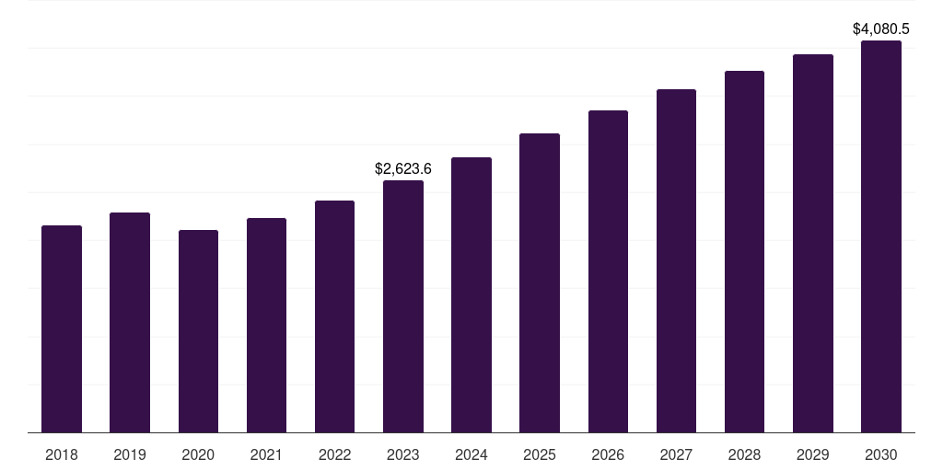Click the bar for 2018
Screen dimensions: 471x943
click(62, 328)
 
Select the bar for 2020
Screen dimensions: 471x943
click(198, 331)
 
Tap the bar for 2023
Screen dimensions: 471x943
click(403, 306)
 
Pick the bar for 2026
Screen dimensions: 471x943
click(608, 271)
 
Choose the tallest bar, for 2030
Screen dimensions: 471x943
click(881, 236)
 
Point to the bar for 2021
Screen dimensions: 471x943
click(266, 325)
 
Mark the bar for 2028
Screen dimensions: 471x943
click(744, 251)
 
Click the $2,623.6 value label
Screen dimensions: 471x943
click(403, 168)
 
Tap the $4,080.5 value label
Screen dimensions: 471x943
click(881, 29)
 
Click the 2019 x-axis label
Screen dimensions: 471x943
click(130, 454)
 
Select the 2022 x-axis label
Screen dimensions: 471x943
click(334, 454)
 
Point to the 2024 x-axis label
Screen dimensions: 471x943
click(471, 454)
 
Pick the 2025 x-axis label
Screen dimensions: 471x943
click(540, 454)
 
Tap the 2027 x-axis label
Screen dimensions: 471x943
click(676, 454)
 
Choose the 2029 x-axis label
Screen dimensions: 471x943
click(813, 454)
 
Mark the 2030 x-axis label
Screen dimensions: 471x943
click(881, 454)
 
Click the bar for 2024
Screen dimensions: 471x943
click(471, 294)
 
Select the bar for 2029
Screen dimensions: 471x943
click(813, 243)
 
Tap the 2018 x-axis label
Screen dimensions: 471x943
click(62, 454)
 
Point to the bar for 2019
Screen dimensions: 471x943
click(130, 322)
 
